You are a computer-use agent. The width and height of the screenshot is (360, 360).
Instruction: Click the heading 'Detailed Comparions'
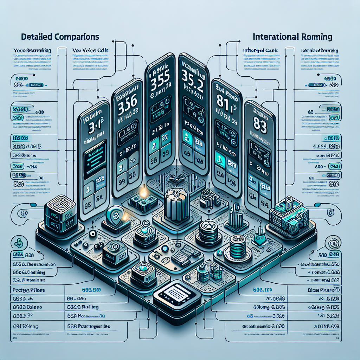pyautogui.click(x=60, y=37)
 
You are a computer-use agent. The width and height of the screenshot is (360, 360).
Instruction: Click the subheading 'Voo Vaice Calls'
pyautogui.click(x=90, y=51)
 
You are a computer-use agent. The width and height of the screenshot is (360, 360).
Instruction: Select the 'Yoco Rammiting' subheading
pyautogui.click(x=32, y=51)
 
